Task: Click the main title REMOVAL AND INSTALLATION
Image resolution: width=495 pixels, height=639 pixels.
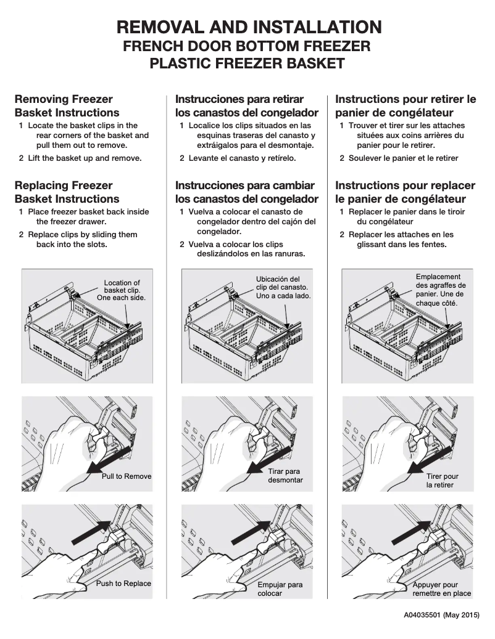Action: (x=249, y=27)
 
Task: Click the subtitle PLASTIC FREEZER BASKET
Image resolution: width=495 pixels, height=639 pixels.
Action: (x=247, y=63)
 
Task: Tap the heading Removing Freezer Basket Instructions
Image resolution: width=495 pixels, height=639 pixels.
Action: (x=67, y=106)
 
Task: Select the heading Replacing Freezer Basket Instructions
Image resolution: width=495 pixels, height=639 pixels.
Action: (x=67, y=192)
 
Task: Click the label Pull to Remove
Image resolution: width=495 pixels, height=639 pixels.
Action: (x=127, y=476)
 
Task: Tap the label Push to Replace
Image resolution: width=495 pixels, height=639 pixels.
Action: (x=123, y=584)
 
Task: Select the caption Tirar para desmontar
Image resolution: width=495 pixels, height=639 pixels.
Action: (x=285, y=476)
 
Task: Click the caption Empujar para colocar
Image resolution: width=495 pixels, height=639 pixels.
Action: (x=280, y=588)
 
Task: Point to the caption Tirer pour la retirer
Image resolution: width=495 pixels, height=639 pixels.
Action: (x=442, y=481)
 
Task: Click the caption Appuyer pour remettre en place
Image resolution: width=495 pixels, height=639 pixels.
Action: (x=441, y=589)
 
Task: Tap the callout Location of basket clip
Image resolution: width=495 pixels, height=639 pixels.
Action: (x=122, y=291)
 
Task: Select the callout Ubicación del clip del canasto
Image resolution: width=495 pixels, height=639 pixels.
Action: (x=283, y=287)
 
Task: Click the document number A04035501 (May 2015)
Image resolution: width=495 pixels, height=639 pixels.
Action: (x=441, y=615)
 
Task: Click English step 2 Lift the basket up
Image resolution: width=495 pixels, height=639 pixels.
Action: (x=85, y=158)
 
